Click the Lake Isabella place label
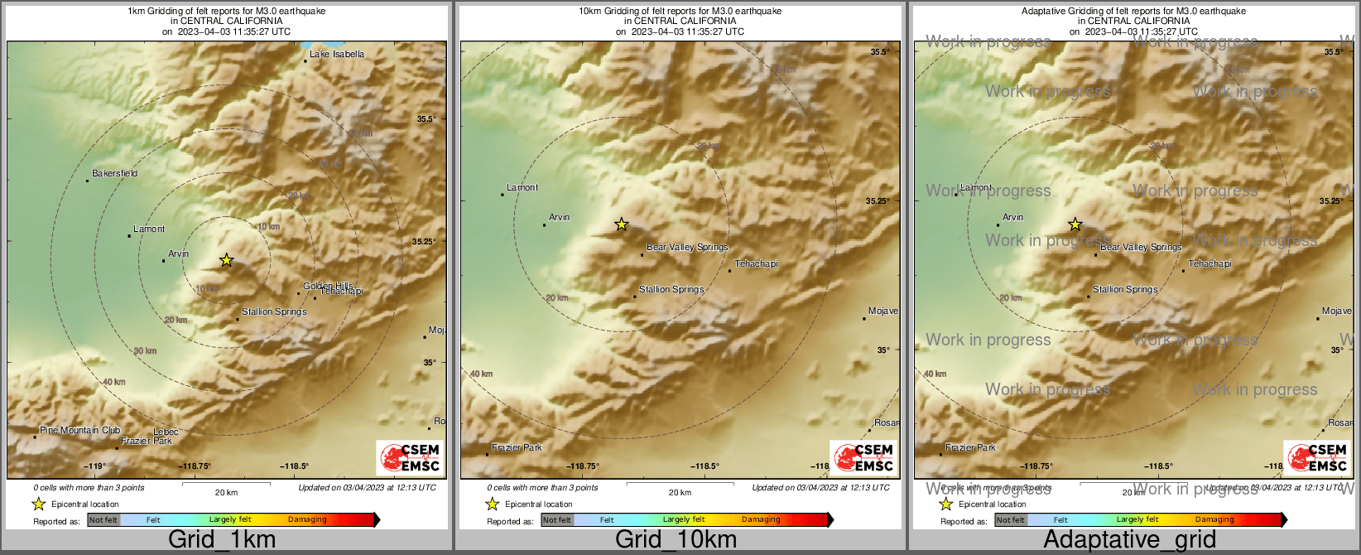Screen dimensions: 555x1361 [336, 55]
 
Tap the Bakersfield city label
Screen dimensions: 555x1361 [114, 174]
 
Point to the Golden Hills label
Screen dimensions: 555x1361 [328, 286]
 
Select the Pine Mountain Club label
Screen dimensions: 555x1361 [79, 431]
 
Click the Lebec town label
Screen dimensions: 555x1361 [166, 432]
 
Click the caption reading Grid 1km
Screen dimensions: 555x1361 [222, 540]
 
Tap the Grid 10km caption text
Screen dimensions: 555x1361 [676, 540]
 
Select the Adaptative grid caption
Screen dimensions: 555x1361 [1129, 540]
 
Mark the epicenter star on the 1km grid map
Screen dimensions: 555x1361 [226, 260]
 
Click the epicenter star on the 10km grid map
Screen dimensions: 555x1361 [622, 224]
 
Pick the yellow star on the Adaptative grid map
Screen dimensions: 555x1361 [1075, 224]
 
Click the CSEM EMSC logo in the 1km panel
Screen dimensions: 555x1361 [410, 458]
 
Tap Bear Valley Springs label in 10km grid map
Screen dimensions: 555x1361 [687, 248]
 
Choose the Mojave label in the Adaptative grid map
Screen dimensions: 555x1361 [1336, 311]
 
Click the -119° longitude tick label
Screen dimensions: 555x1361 [99, 466]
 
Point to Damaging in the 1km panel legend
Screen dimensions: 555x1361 [307, 520]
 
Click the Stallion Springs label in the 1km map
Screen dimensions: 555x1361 [274, 312]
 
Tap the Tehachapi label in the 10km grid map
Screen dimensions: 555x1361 [756, 264]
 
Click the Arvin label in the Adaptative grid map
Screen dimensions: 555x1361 [1012, 218]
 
